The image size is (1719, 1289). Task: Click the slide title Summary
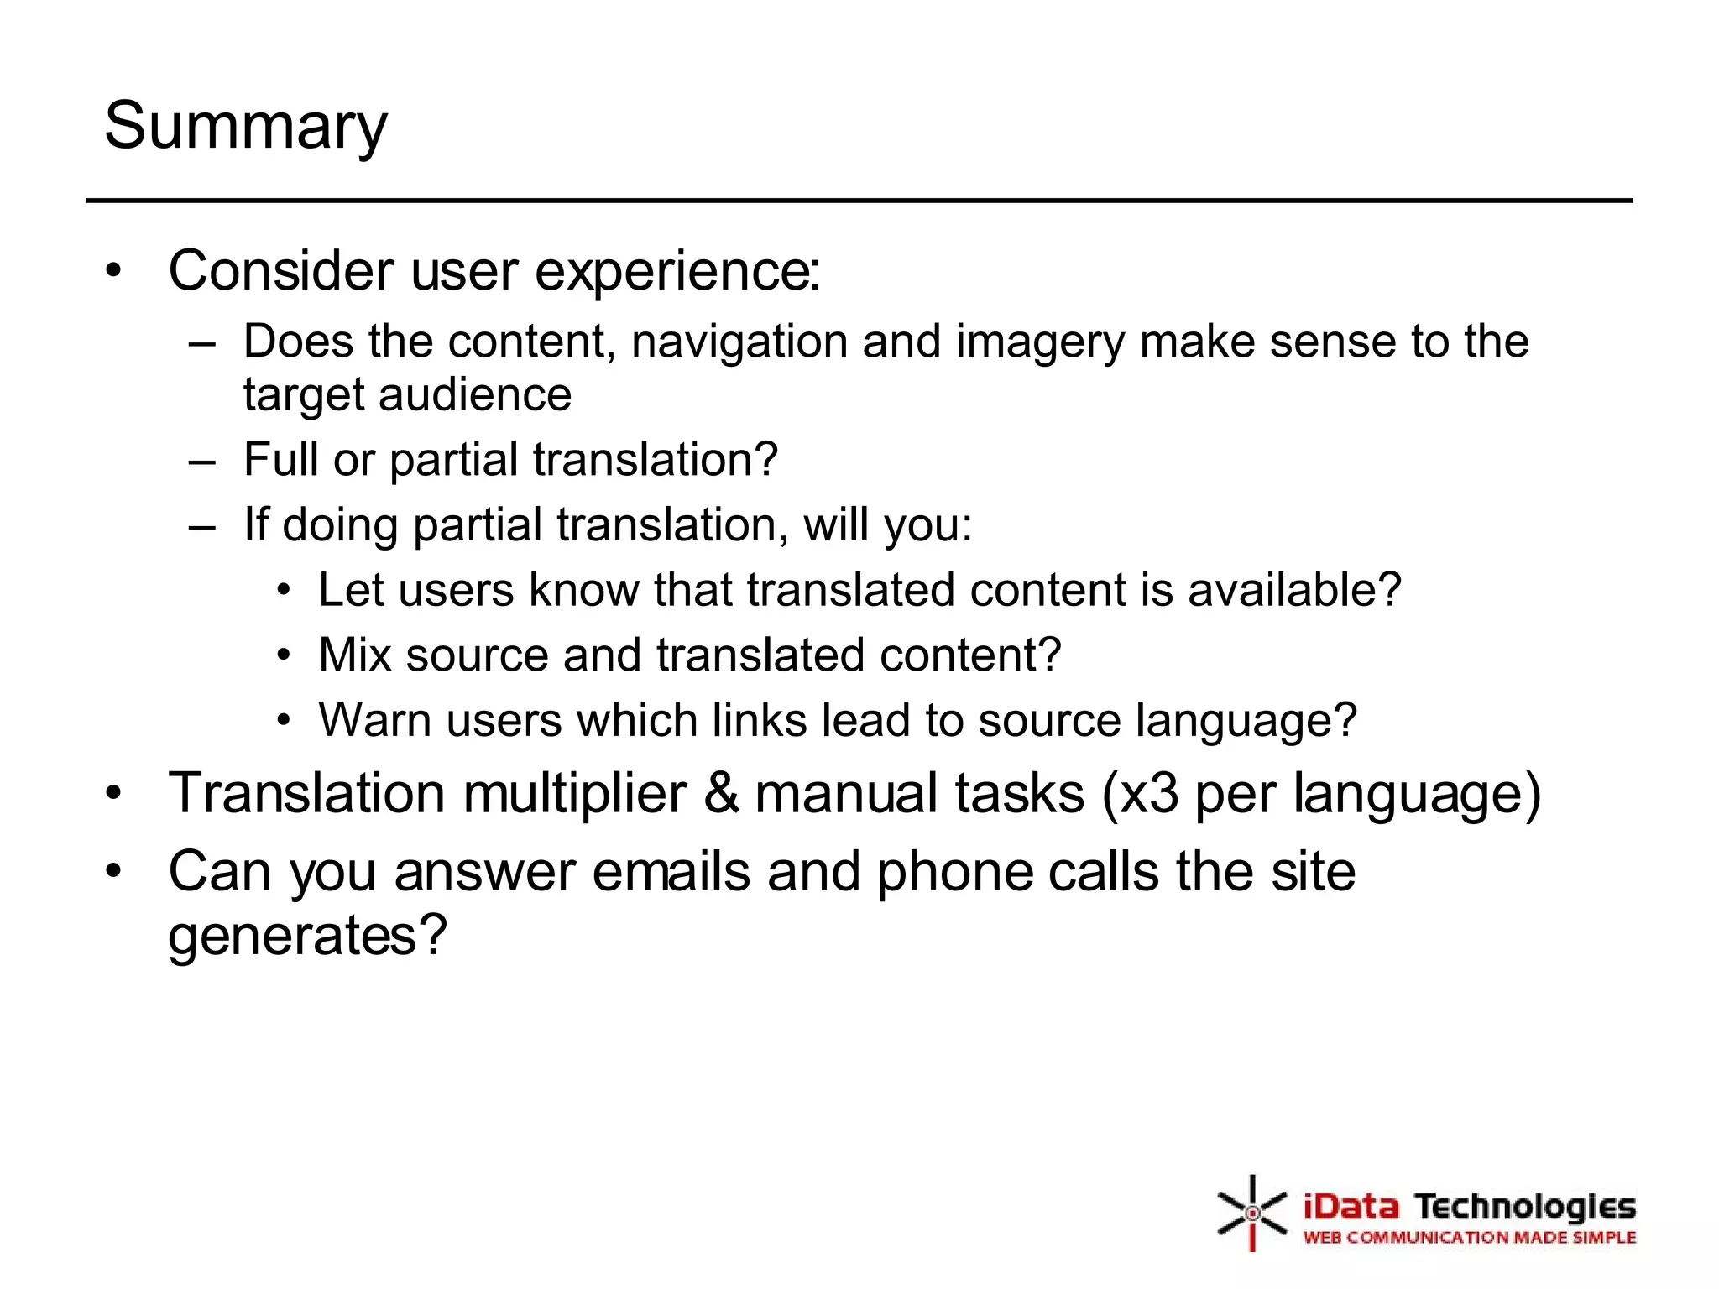point(245,126)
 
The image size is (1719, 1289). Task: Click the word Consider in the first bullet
point(280,271)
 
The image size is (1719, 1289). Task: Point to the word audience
point(475,394)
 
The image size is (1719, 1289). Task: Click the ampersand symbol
point(721,793)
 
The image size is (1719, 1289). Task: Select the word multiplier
point(574,793)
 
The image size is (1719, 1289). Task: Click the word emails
point(671,871)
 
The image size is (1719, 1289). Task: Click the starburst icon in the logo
point(1251,1213)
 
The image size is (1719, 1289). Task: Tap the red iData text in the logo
point(1351,1207)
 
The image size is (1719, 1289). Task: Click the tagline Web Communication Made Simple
point(1469,1237)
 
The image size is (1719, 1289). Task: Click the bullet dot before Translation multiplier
point(114,793)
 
